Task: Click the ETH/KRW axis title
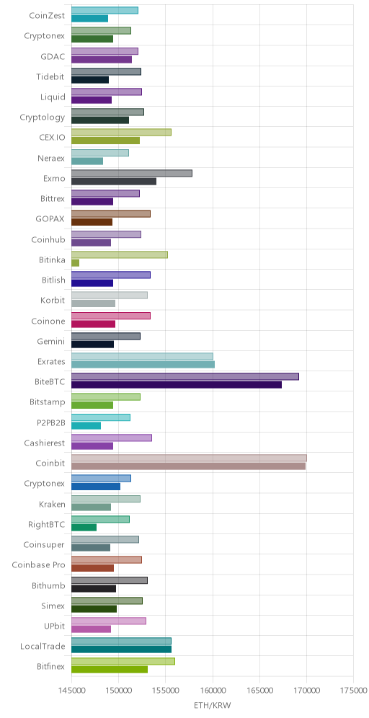tap(213, 705)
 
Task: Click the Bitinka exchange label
tap(52, 260)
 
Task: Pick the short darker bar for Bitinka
tap(75, 263)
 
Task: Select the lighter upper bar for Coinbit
tap(189, 458)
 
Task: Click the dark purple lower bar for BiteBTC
tap(177, 385)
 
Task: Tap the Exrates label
tap(51, 361)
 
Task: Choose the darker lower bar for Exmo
tap(114, 182)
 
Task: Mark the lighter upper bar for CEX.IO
tap(121, 133)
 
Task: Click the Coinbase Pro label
tap(38, 564)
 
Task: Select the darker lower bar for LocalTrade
tap(121, 650)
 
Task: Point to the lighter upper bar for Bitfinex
tap(123, 661)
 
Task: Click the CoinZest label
tap(47, 16)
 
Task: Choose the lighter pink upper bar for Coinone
tap(111, 316)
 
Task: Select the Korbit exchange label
tap(53, 301)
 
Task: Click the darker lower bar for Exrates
tap(143, 365)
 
